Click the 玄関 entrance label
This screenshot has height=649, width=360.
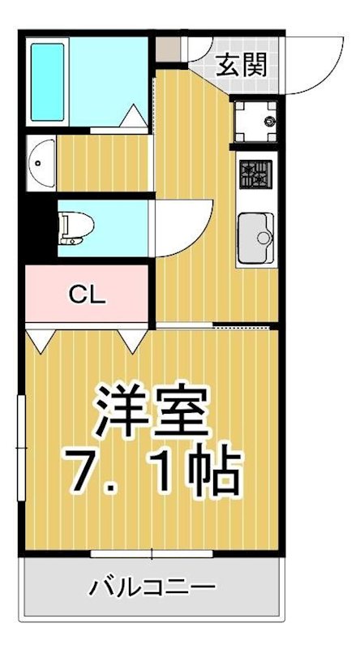pos(242,63)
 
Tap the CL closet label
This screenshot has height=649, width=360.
pos(87,294)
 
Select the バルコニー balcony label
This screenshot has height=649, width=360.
pos(152,586)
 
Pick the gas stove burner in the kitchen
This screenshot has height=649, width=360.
pos(255,174)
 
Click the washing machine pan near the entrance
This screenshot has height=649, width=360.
pos(255,122)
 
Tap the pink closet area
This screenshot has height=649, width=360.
pos(87,294)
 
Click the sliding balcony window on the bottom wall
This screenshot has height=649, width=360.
pos(152,554)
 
